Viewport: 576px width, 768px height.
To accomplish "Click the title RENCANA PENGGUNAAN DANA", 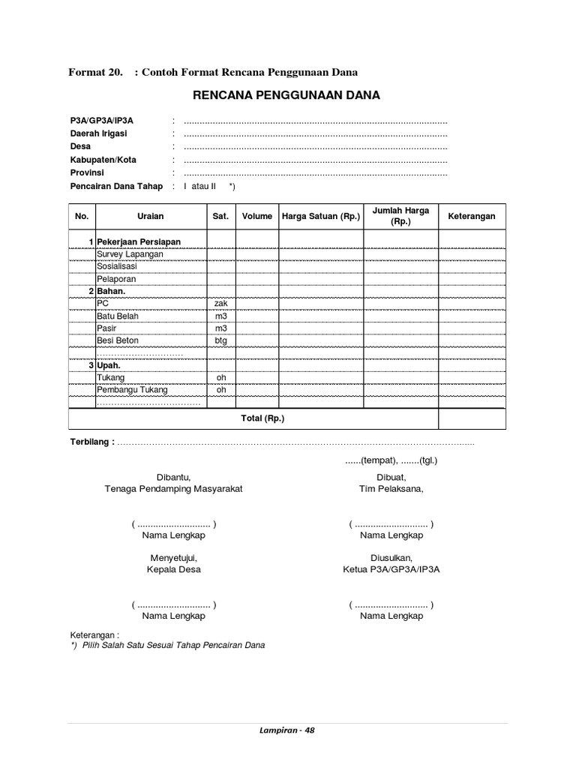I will [286, 95].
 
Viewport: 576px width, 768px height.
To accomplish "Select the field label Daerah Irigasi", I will [98, 133].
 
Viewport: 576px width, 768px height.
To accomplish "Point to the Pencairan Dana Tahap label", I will [115, 186].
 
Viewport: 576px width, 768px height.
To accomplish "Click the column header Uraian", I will [151, 216].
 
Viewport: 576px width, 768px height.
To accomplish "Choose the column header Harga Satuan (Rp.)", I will [321, 216].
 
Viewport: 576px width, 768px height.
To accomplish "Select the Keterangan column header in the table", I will [472, 216].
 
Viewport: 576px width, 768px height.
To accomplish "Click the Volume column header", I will [256, 216].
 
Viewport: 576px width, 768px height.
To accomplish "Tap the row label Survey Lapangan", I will [130, 254].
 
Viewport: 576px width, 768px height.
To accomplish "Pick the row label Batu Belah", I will [118, 316].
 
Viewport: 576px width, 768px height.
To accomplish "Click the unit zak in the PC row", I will [220, 303].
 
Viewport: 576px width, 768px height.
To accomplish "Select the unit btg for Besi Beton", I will [220, 340].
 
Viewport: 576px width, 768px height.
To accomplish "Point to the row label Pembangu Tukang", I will [132, 390].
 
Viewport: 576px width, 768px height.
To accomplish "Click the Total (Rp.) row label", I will [262, 418].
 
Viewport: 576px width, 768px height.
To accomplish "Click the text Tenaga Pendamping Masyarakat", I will [173, 488].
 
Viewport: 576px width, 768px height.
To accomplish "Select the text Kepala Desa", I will [173, 569].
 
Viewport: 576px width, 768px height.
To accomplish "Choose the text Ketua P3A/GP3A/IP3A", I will [391, 569].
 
